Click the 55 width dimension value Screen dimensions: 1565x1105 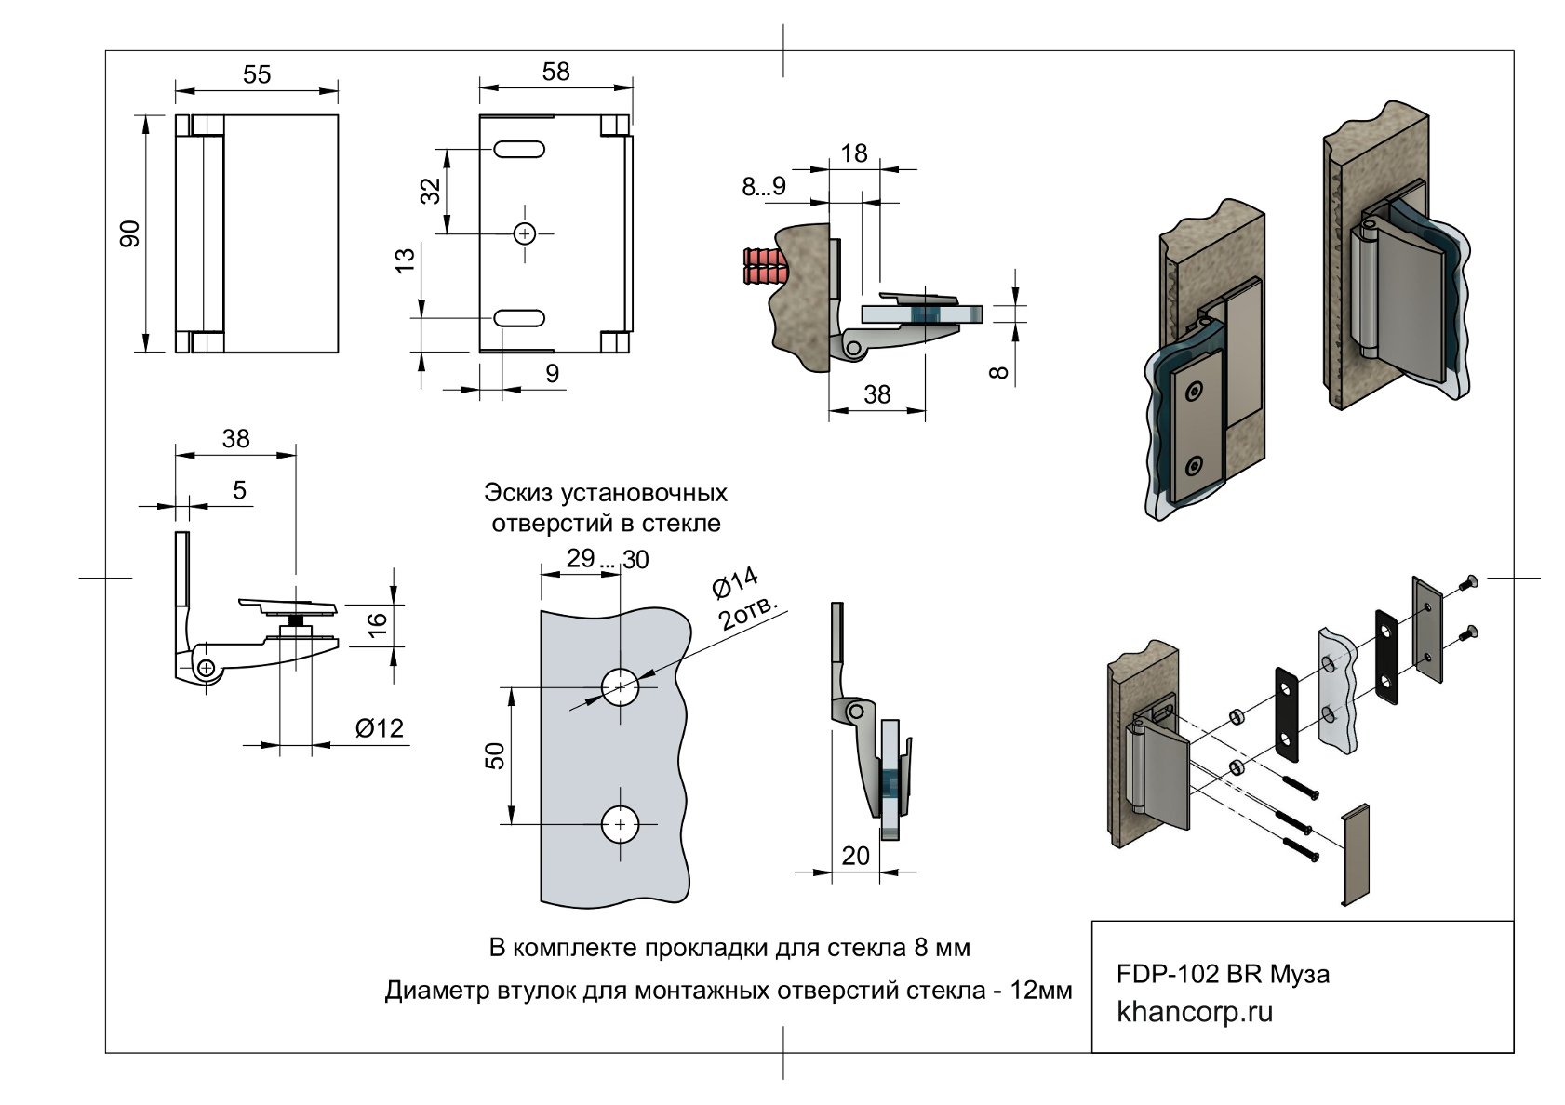coord(257,74)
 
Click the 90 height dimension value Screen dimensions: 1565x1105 coord(130,233)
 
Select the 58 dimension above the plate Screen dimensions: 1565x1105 coord(556,72)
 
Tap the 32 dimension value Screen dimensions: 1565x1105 coord(431,191)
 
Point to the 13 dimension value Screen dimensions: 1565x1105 coord(406,260)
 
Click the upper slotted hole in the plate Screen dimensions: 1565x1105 coord(519,149)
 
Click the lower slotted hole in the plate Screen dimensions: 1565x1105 coord(519,318)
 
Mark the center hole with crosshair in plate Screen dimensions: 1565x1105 coord(525,234)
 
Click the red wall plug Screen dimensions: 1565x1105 coord(764,266)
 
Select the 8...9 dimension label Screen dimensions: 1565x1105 coord(764,187)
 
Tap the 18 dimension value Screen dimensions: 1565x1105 coord(854,153)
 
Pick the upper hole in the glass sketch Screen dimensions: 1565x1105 coord(621,687)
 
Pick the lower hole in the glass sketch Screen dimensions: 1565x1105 coord(621,825)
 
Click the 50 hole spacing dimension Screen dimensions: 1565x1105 coord(495,756)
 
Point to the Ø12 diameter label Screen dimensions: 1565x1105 coord(380,728)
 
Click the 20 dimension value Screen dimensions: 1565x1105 coord(855,857)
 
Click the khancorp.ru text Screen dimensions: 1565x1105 coord(1195,1012)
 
